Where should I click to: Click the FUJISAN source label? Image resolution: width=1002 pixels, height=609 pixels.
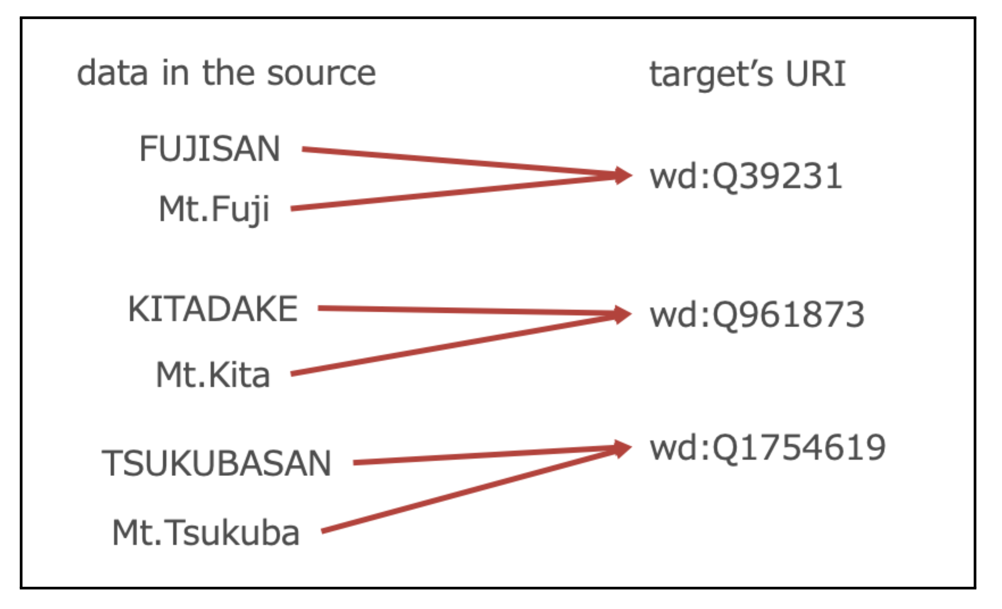pos(209,149)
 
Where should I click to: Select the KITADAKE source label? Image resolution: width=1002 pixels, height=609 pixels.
pos(213,309)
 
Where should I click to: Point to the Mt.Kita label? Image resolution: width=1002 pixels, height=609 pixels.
pos(213,375)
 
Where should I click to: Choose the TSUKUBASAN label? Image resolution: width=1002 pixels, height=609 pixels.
pos(216,463)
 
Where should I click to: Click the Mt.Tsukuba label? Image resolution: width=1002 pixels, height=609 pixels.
pos(206,533)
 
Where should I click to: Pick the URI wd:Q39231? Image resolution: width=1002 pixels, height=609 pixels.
pos(746,177)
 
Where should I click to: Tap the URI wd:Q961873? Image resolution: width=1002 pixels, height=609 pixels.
pos(757,315)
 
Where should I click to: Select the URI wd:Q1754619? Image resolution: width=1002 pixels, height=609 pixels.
pos(767,448)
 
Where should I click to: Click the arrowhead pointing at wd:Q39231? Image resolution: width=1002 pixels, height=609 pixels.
pos(622,175)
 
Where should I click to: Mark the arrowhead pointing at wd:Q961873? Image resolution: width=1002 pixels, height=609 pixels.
pos(622,314)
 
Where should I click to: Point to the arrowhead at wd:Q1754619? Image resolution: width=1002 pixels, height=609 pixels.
pos(622,448)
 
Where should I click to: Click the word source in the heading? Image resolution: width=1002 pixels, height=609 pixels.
pos(321,73)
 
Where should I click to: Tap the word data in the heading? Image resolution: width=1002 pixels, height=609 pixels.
pos(112,73)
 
